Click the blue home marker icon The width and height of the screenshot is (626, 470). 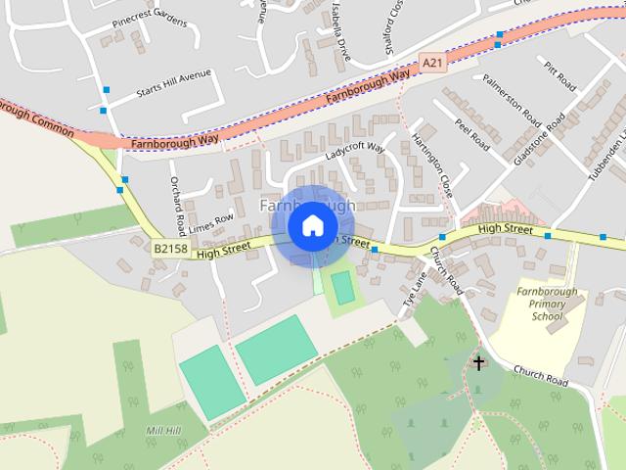(312, 226)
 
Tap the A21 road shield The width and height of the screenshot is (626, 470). (432, 63)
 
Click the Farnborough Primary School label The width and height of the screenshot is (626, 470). (548, 304)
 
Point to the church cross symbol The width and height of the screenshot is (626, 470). (478, 363)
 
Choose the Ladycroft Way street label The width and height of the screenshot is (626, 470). (356, 156)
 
